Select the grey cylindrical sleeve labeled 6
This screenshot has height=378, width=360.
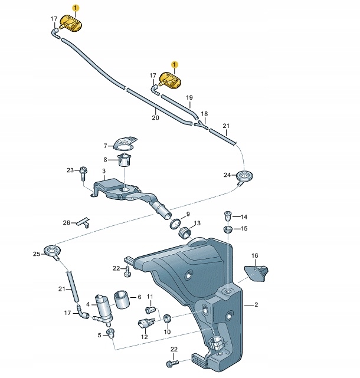122,299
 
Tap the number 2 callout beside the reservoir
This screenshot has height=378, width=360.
257,305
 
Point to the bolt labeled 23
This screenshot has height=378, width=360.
83,172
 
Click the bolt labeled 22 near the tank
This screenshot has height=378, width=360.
127,271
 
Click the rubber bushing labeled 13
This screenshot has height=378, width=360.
186,230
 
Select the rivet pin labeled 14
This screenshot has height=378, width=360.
228,215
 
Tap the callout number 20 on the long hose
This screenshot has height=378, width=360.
155,118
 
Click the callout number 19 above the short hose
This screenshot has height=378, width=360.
189,97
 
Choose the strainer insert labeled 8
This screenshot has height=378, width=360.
124,160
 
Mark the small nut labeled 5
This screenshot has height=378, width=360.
110,334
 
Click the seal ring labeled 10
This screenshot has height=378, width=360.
166,318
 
